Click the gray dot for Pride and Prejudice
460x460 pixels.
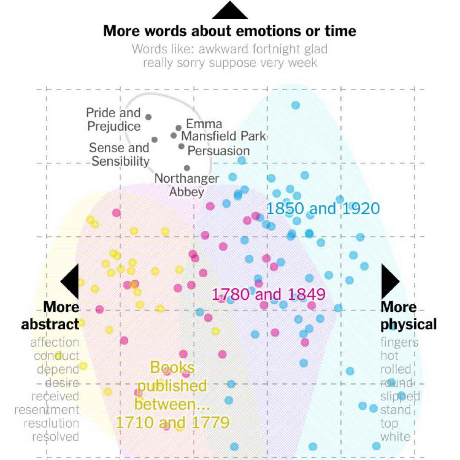tap(148, 117)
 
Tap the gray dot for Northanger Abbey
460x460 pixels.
tap(187, 168)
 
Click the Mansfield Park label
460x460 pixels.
tap(224, 136)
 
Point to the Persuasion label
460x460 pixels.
tap(218, 151)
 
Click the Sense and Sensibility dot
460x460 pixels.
tap(154, 140)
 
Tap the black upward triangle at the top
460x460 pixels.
tap(230, 11)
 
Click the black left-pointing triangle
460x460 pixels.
tap(71, 281)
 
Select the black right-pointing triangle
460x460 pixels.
tap(389, 281)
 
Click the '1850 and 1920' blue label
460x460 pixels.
tap(322, 209)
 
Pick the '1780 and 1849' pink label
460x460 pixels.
tap(269, 294)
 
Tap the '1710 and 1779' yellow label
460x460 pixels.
tap(172, 423)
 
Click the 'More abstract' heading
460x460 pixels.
tap(51, 316)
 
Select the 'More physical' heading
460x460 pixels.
tap(408, 316)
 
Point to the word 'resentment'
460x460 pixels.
tap(47, 410)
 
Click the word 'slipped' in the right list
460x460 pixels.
tap(400, 396)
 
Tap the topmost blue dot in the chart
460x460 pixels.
tap(296, 105)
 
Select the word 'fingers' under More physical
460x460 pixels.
tap(399, 342)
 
